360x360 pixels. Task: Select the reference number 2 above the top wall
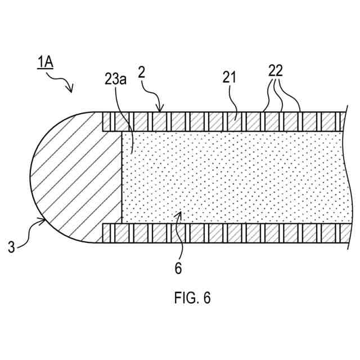(x=142, y=73)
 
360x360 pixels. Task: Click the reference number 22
(x=276, y=71)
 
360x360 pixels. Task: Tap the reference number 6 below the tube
(x=178, y=268)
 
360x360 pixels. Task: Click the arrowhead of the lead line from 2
(x=162, y=110)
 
